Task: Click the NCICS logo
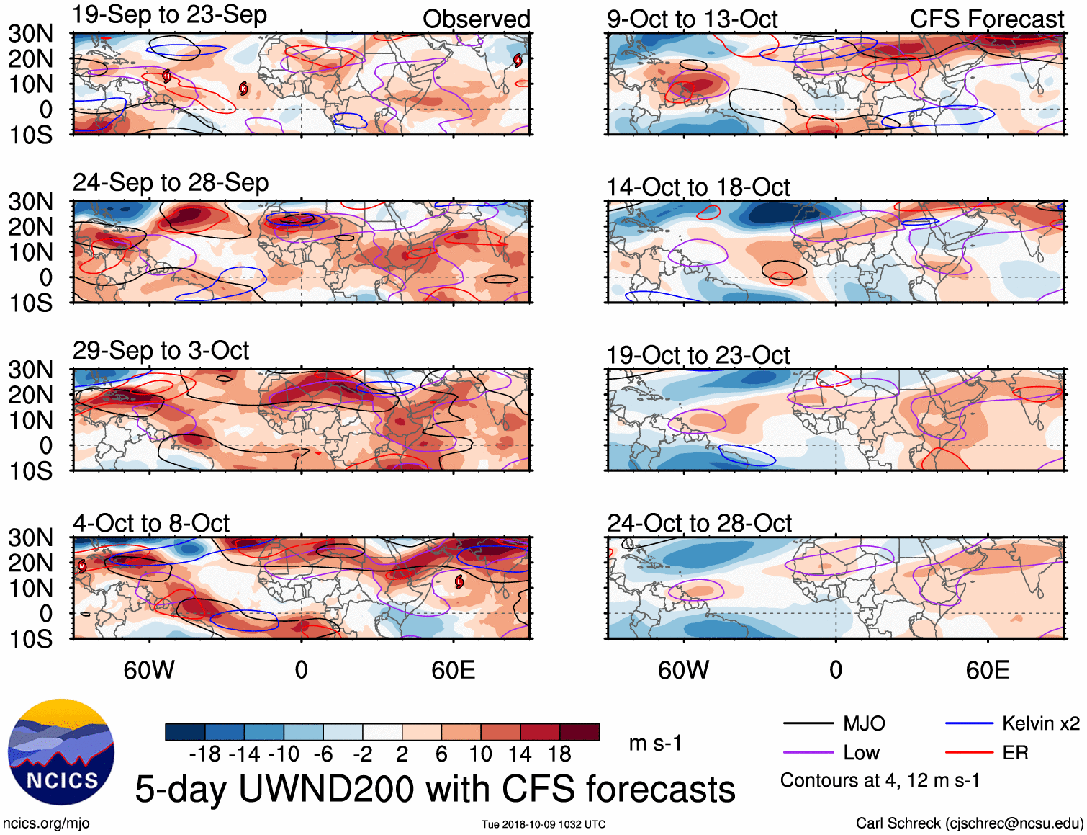pyautogui.click(x=61, y=752)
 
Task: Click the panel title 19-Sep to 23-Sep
pyautogui.click(x=170, y=14)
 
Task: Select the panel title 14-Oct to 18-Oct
pyautogui.click(x=698, y=187)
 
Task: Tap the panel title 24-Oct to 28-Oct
pyautogui.click(x=699, y=523)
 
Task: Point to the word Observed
pyautogui.click(x=476, y=19)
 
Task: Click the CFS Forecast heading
pyautogui.click(x=986, y=19)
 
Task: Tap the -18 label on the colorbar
pyautogui.click(x=205, y=754)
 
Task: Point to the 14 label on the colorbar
pyautogui.click(x=519, y=754)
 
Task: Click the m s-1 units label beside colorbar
pyautogui.click(x=655, y=743)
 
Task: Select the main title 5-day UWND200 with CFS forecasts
pyautogui.click(x=435, y=789)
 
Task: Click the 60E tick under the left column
pyautogui.click(x=453, y=670)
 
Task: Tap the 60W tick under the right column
pyautogui.click(x=683, y=670)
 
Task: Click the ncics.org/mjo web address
pyautogui.click(x=46, y=823)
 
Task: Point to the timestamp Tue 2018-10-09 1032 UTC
pyautogui.click(x=543, y=824)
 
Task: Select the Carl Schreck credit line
pyautogui.click(x=969, y=823)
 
